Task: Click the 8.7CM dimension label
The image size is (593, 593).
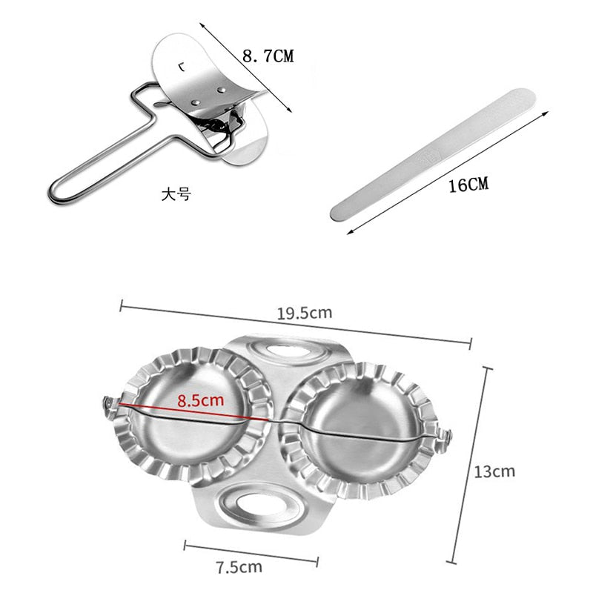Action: pyautogui.click(x=268, y=56)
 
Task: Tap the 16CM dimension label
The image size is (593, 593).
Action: pyautogui.click(x=468, y=185)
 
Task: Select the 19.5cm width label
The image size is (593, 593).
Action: pyautogui.click(x=305, y=313)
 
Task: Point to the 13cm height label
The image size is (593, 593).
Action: pyautogui.click(x=494, y=471)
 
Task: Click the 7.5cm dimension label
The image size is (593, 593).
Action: pyautogui.click(x=239, y=567)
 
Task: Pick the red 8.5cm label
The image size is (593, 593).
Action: pyautogui.click(x=200, y=400)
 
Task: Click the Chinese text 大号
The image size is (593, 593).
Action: pyautogui.click(x=176, y=195)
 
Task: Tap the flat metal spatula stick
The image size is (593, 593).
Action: pyautogui.click(x=433, y=154)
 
